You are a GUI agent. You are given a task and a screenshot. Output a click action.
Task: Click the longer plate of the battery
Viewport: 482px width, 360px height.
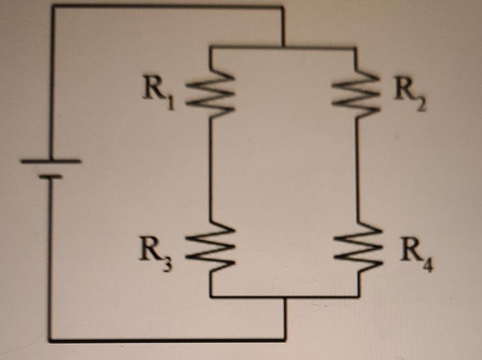51,161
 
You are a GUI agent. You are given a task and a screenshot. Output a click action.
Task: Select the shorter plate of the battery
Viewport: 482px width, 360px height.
50,176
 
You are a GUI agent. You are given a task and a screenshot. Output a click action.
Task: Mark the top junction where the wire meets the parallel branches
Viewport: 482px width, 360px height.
282,47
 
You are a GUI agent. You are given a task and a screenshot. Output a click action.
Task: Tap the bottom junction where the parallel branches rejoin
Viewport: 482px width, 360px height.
284,297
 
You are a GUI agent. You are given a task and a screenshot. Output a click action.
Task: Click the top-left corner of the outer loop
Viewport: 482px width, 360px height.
53,7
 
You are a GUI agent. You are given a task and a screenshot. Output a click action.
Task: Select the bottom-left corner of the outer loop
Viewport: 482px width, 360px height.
50,339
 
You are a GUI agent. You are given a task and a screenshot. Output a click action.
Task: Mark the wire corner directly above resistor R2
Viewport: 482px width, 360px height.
356,48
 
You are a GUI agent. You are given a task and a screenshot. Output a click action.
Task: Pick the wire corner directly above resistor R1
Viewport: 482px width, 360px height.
210,47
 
